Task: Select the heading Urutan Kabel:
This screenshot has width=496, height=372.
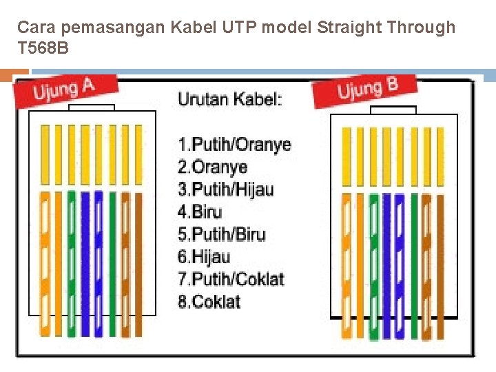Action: (x=230, y=99)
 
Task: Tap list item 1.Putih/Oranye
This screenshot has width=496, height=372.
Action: (x=234, y=145)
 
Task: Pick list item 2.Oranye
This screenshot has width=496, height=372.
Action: (x=212, y=167)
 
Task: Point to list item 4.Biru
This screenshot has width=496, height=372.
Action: (x=200, y=211)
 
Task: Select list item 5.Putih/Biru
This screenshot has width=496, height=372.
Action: (x=221, y=234)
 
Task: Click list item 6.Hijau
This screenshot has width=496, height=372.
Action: (x=204, y=256)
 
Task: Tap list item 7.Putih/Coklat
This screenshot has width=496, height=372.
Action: (x=231, y=279)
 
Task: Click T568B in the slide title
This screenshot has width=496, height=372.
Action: (x=43, y=49)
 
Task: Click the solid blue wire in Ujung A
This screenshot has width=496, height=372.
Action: (x=85, y=262)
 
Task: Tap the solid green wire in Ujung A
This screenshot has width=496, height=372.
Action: (x=112, y=262)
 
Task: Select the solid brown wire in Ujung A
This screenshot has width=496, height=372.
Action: (x=139, y=262)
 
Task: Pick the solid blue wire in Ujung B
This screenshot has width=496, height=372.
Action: (x=387, y=262)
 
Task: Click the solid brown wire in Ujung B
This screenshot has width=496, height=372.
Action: (x=441, y=262)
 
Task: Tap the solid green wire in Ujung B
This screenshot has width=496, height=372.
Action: (x=414, y=262)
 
